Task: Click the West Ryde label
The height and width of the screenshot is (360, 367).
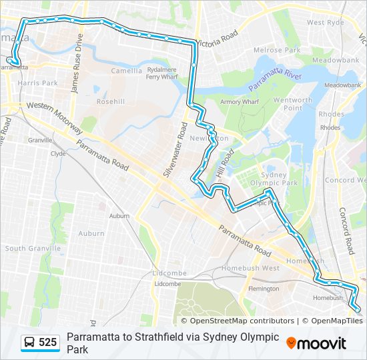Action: (x=325, y=22)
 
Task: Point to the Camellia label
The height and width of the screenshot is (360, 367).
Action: (x=126, y=71)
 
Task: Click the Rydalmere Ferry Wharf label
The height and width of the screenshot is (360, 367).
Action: (x=162, y=73)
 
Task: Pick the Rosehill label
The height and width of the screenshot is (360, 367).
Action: (x=110, y=102)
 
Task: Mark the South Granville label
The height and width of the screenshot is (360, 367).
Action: (x=33, y=248)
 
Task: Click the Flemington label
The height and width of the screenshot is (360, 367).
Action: (x=263, y=289)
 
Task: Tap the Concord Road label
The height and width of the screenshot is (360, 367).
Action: (x=347, y=230)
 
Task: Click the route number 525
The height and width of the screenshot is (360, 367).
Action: (x=47, y=342)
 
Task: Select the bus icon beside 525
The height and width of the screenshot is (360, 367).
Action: (x=30, y=343)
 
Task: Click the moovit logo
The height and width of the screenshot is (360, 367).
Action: (x=316, y=343)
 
